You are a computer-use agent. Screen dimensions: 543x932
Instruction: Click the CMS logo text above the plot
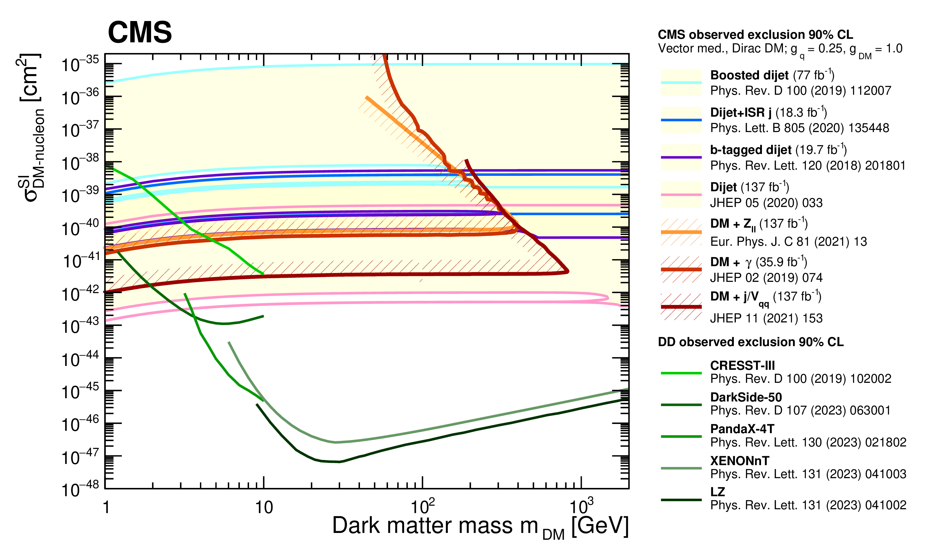[x=140, y=33]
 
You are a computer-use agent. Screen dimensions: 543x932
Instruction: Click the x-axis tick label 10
[x=264, y=507]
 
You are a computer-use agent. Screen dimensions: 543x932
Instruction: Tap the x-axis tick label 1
[x=106, y=507]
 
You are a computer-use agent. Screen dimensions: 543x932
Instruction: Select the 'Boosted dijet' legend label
[x=749, y=75]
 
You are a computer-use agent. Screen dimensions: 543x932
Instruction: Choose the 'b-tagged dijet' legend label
[x=750, y=150]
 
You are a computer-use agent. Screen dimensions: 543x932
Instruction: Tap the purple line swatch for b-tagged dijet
[x=681, y=157]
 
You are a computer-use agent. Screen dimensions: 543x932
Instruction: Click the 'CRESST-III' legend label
[x=742, y=366]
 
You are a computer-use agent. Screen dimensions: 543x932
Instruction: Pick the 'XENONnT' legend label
[x=740, y=461]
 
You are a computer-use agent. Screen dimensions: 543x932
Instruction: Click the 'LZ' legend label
[x=718, y=492]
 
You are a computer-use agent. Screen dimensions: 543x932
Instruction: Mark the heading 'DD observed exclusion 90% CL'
[x=750, y=342]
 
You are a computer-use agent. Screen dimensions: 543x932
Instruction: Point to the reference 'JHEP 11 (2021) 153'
[x=766, y=318]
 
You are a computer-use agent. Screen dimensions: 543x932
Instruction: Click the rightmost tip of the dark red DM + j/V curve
[x=568, y=271]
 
